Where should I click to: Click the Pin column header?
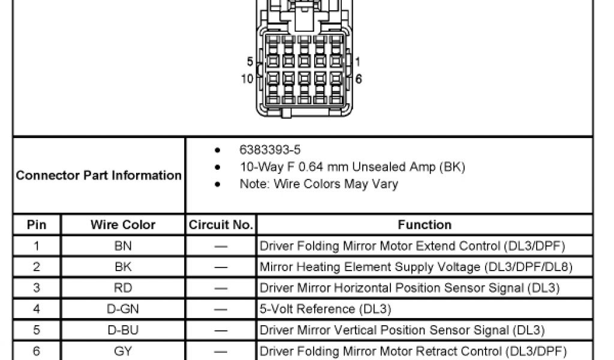(36, 225)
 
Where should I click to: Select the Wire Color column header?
(123, 225)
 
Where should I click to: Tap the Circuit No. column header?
(221, 225)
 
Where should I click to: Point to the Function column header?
(425, 225)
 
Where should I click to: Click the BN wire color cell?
(123, 246)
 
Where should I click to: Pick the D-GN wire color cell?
(123, 309)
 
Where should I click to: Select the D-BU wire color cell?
(123, 330)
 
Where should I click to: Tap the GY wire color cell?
(123, 351)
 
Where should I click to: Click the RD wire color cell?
(123, 288)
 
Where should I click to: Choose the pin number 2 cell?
(36, 267)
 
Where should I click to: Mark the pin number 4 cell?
(36, 309)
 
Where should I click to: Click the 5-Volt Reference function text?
(325, 309)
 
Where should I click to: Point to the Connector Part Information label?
(99, 176)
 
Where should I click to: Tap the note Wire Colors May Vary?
(318, 184)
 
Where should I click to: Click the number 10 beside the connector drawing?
(247, 79)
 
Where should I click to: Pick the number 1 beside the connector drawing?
(358, 62)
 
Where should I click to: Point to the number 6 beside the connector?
(359, 79)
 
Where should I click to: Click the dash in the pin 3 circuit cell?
(221, 288)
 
